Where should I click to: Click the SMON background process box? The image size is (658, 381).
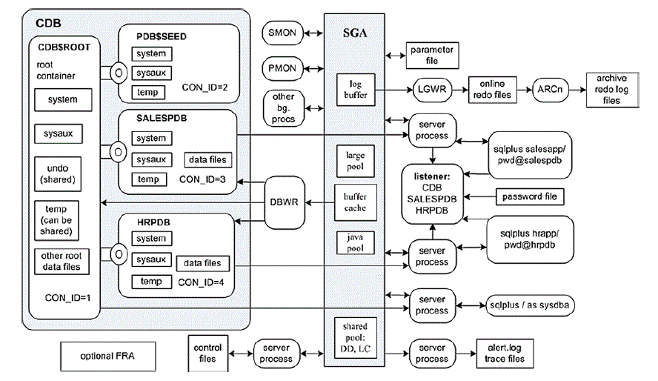[282, 33]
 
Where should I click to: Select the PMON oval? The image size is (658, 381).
[282, 68]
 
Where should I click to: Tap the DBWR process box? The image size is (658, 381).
[285, 202]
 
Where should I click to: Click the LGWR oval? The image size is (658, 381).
[432, 90]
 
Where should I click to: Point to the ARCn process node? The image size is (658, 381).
[550, 90]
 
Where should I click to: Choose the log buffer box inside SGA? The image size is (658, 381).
[356, 90]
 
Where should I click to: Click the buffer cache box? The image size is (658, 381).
[356, 202]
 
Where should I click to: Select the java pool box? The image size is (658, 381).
[356, 242]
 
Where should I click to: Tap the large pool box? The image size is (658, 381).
[356, 161]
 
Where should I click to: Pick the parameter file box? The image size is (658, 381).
[432, 56]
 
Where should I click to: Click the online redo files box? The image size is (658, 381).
[492, 90]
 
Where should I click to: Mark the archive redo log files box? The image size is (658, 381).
[612, 90]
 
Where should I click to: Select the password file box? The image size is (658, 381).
[530, 196]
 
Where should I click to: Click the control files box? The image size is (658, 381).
[207, 354]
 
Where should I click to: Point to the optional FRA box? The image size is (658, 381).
[108, 357]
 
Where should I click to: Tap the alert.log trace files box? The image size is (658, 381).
[505, 354]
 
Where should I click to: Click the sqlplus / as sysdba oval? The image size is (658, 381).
[530, 305]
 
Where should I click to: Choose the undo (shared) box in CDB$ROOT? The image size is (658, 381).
[58, 174]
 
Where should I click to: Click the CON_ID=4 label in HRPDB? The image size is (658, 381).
[201, 282]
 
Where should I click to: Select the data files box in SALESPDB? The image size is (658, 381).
[207, 159]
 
